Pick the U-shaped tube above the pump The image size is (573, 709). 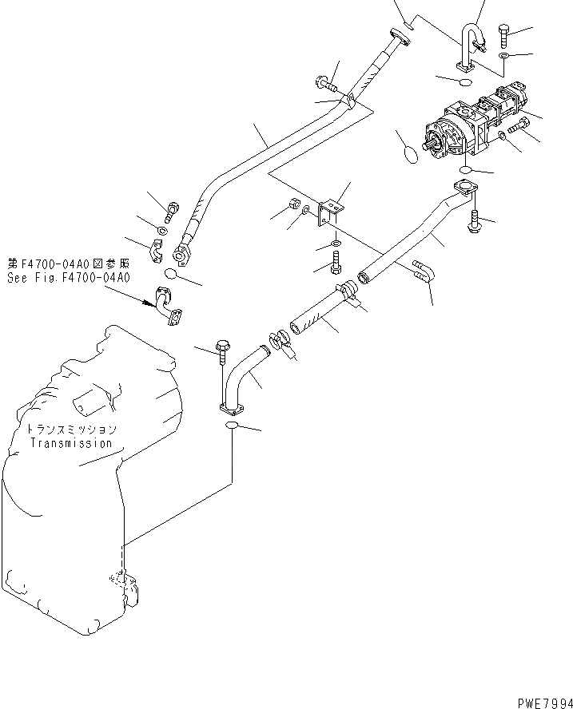(x=469, y=48)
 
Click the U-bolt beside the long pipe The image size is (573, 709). (x=424, y=271)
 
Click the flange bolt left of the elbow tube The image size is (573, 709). (x=221, y=348)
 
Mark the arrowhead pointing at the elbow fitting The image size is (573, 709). (x=149, y=303)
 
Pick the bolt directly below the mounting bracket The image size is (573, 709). (x=336, y=259)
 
